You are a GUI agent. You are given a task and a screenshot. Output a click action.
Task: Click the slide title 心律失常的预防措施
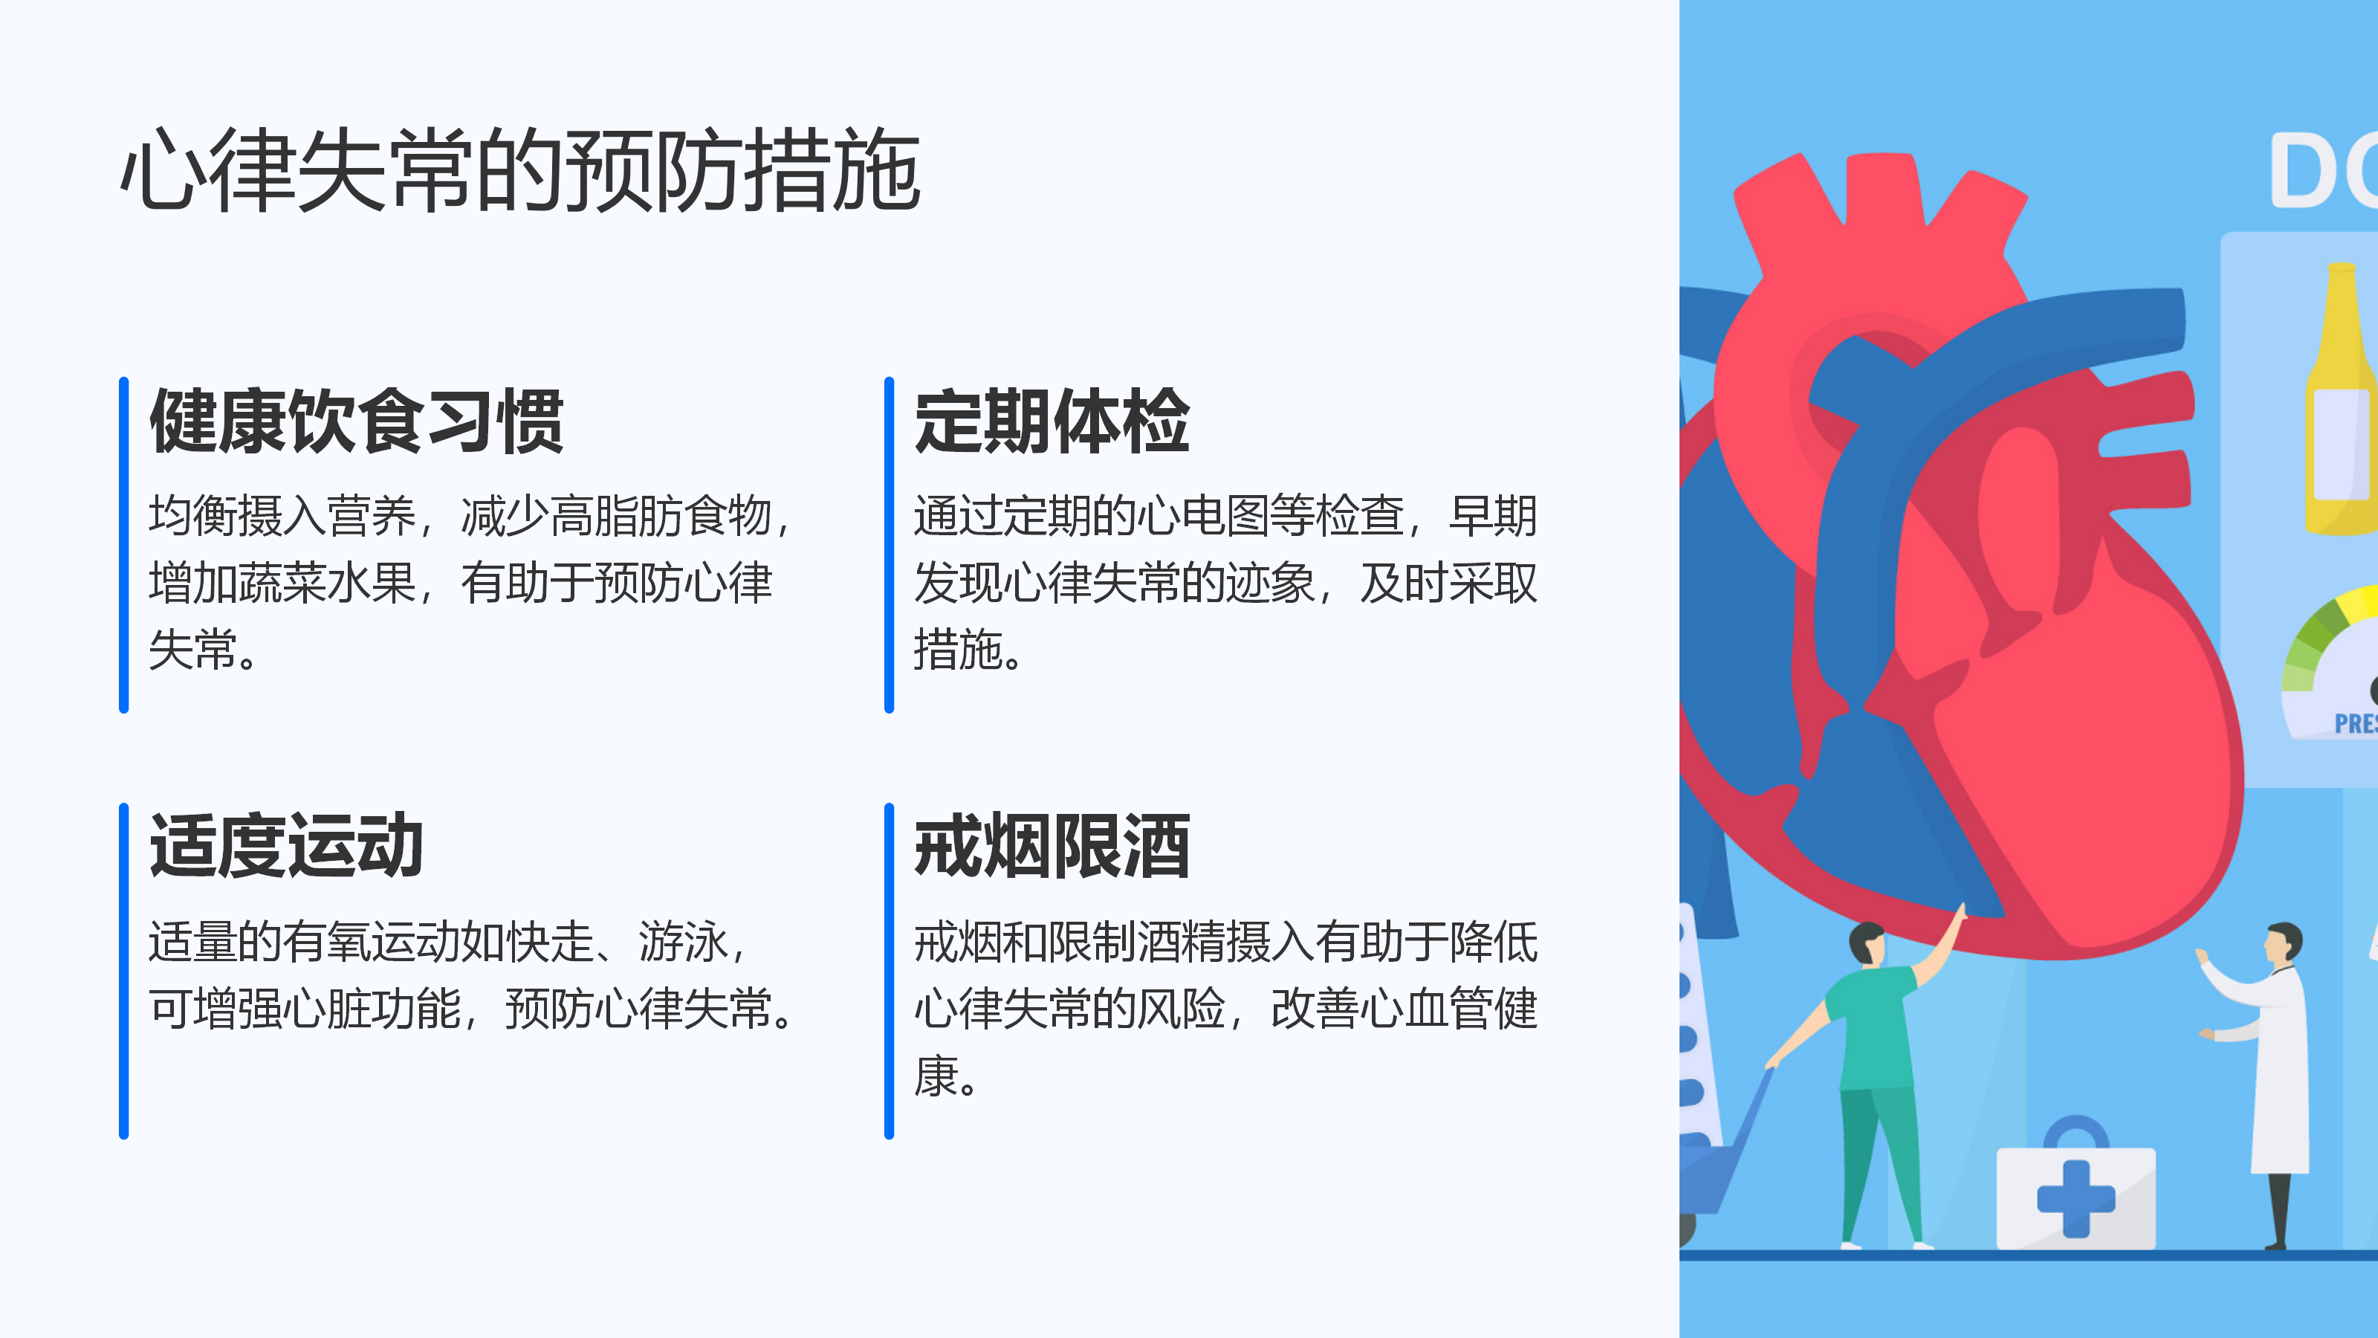521,170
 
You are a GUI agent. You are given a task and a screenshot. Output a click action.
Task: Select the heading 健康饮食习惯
357,421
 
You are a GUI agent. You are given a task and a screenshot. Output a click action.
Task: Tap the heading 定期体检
1052,421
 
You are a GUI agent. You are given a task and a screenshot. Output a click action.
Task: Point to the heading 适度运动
286,846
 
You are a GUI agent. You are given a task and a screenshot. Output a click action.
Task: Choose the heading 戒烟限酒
1052,846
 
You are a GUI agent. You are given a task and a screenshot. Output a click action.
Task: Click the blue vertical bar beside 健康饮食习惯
123,545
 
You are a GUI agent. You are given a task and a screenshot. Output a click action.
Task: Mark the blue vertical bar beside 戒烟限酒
889,971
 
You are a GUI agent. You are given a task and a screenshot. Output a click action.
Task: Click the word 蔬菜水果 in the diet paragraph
328,584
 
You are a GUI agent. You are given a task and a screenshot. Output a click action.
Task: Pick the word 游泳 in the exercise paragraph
683,942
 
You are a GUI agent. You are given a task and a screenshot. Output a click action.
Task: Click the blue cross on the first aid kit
2076,1198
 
